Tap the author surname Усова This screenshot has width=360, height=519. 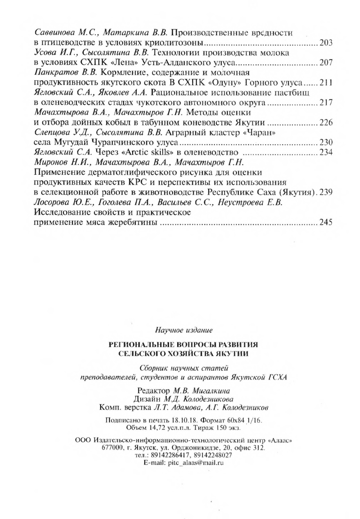pos(46,53)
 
